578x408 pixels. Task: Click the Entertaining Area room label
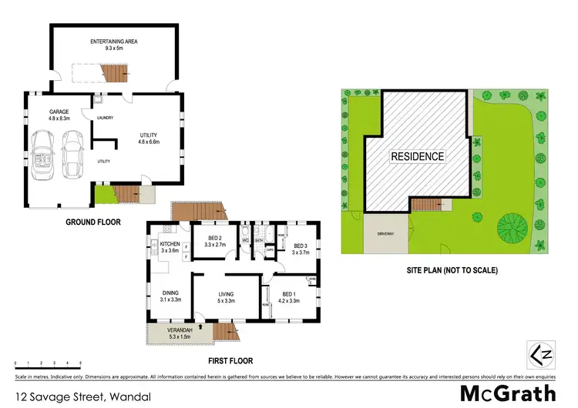(114, 43)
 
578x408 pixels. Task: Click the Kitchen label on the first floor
(169, 247)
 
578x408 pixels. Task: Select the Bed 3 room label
(300, 248)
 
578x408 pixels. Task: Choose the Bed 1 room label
(289, 297)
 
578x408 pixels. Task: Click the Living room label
(226, 297)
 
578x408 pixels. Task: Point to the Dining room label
(170, 295)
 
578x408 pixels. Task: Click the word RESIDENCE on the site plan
(417, 156)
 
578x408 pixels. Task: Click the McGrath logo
(507, 393)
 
